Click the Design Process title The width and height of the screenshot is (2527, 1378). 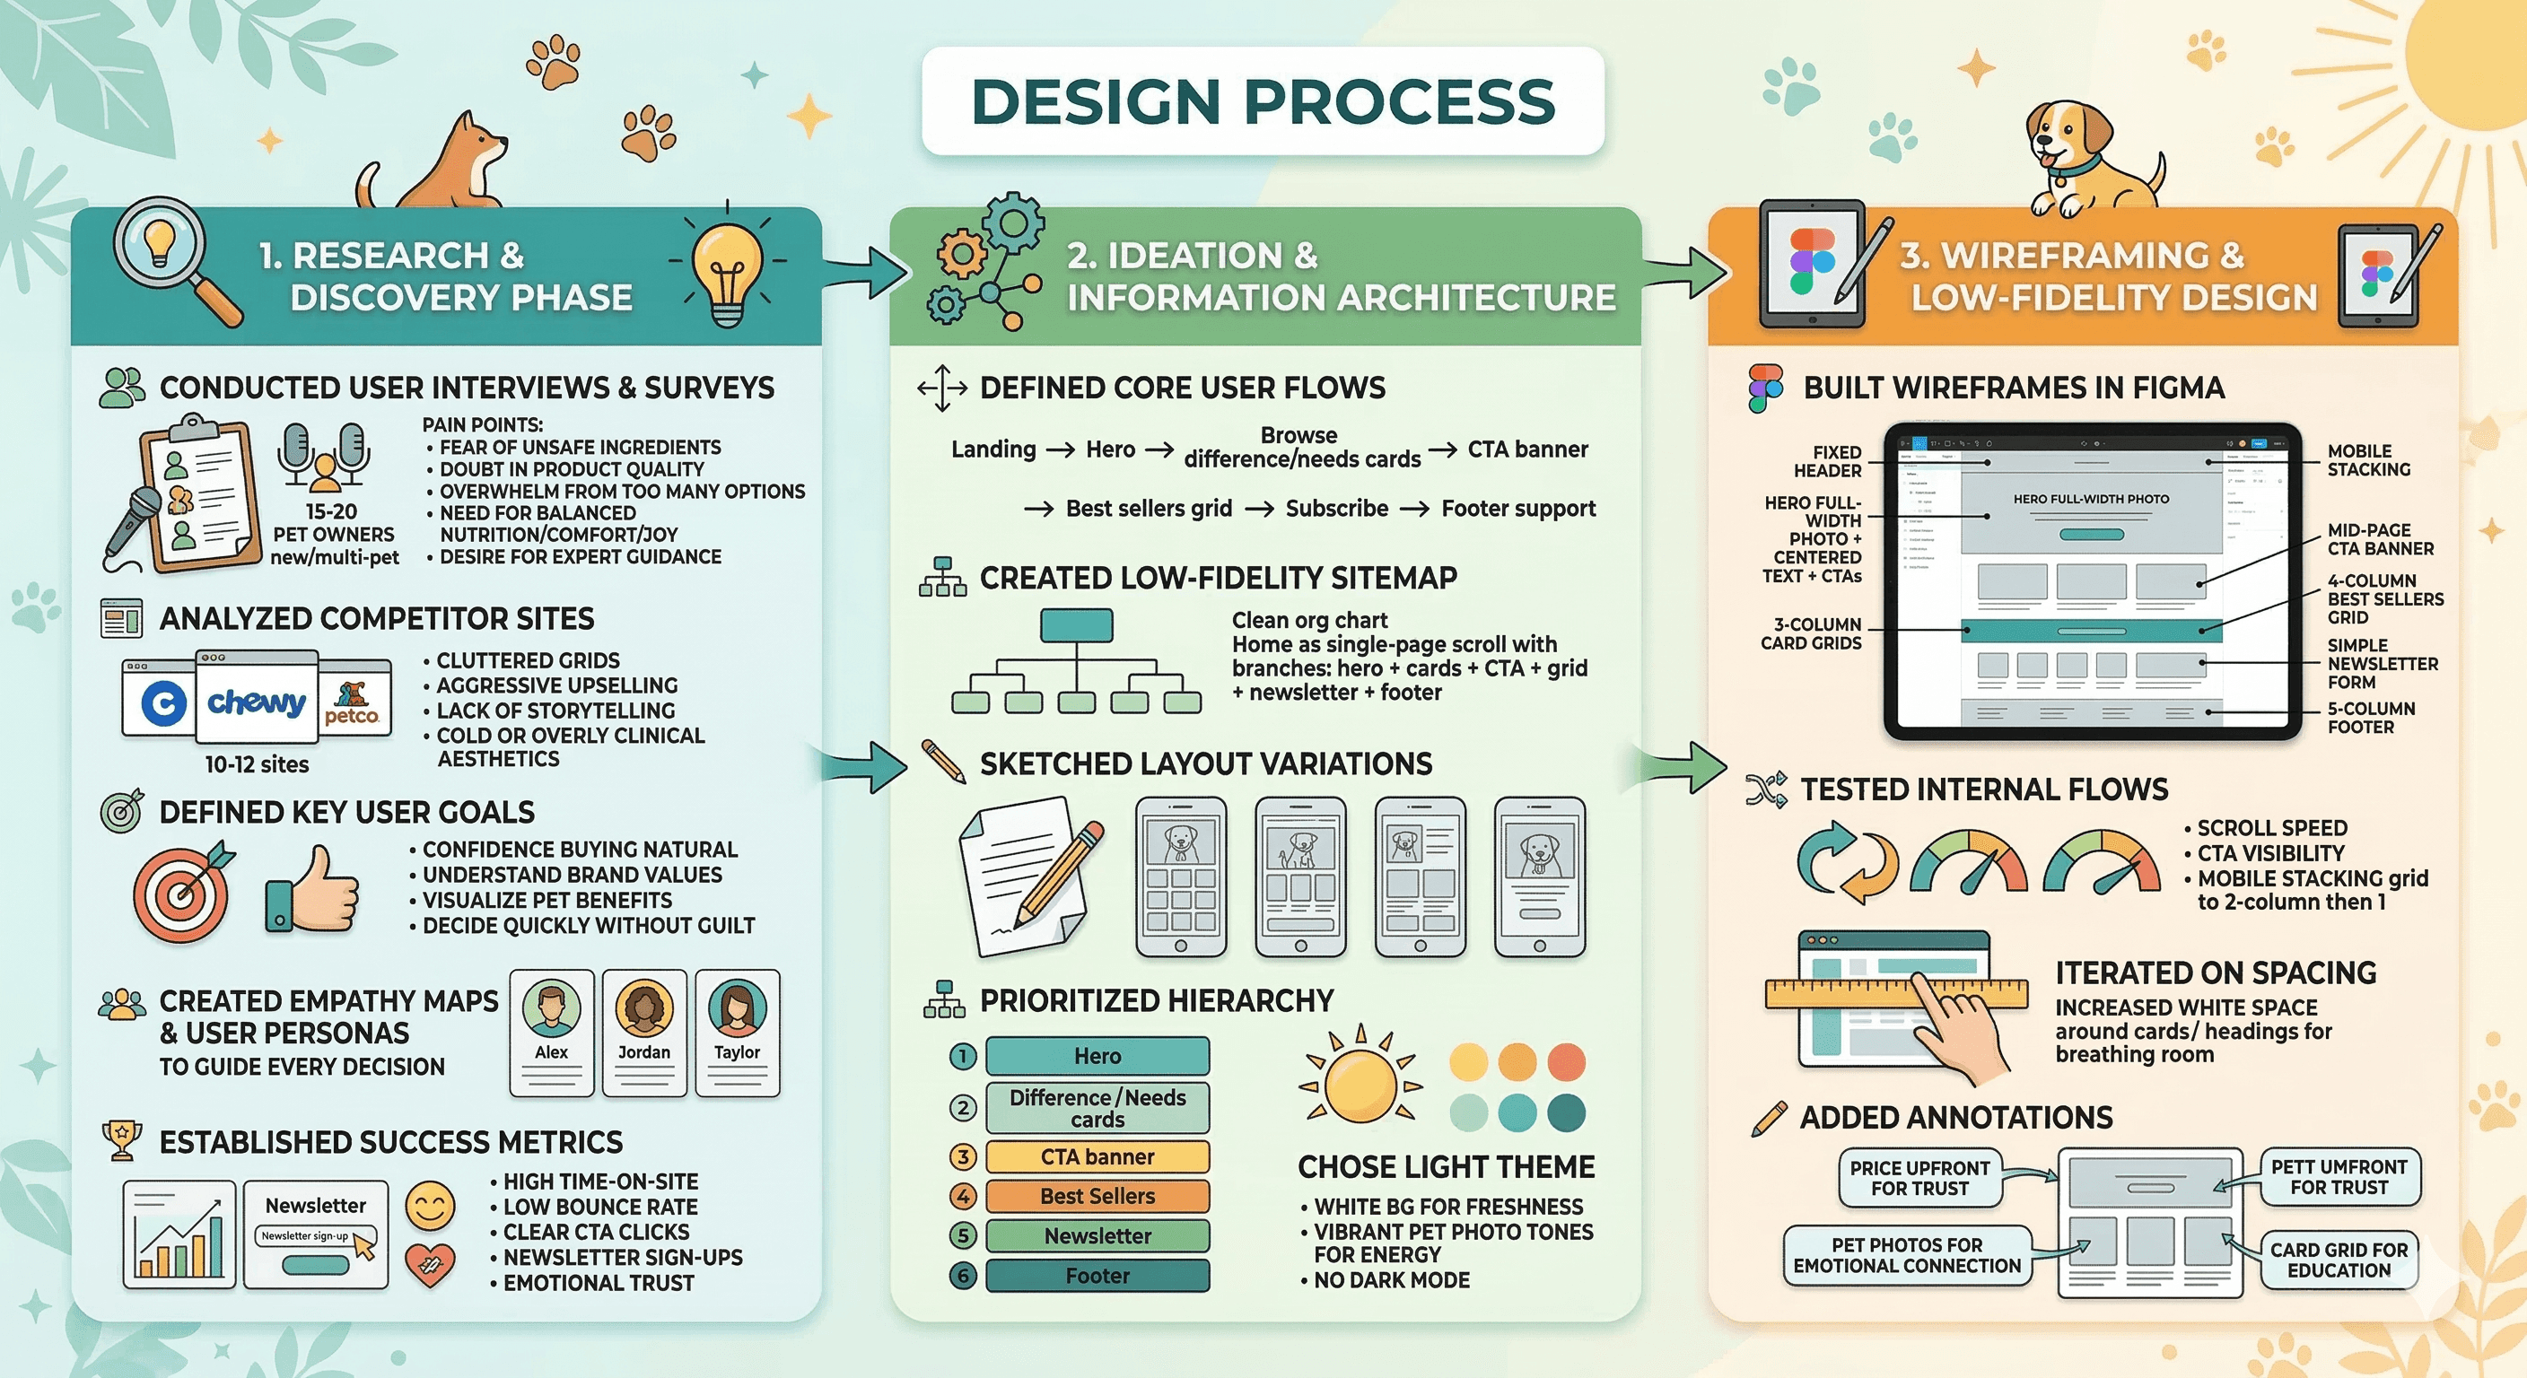[x=1263, y=101]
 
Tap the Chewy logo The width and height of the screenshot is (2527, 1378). [x=256, y=702]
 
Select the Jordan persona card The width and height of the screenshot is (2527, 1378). [x=643, y=1032]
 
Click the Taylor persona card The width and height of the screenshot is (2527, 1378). [x=737, y=1032]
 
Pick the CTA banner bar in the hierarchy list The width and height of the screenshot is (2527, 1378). [x=1097, y=1156]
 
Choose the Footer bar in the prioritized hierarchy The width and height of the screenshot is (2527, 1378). [x=1097, y=1275]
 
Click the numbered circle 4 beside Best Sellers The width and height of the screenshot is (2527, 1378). [x=963, y=1196]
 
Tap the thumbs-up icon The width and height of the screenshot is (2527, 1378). [x=312, y=891]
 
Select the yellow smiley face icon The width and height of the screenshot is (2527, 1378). [x=430, y=1204]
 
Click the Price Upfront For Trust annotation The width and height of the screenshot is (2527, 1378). [x=1919, y=1177]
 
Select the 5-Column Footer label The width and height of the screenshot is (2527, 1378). [x=2371, y=718]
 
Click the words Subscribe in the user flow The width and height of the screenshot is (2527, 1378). [x=1336, y=508]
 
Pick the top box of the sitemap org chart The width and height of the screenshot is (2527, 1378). [x=1076, y=624]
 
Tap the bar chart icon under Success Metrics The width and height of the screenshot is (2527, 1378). [x=179, y=1234]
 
